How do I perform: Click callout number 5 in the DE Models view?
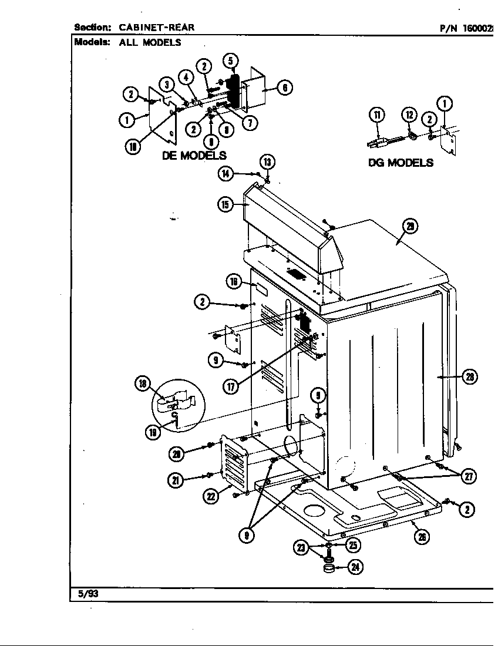click(x=230, y=61)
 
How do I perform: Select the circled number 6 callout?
click(x=284, y=88)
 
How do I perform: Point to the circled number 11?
click(x=376, y=115)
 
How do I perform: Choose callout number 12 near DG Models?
click(x=409, y=115)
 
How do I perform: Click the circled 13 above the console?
click(x=268, y=163)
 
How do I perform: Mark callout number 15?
click(x=225, y=204)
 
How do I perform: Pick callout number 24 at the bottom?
click(x=355, y=567)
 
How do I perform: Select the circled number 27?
click(x=468, y=476)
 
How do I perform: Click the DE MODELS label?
click(x=194, y=156)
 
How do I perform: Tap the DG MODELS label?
click(x=401, y=163)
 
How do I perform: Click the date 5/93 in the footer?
click(x=88, y=594)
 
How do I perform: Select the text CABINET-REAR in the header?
click(x=157, y=27)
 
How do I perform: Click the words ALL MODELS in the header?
click(x=150, y=42)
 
